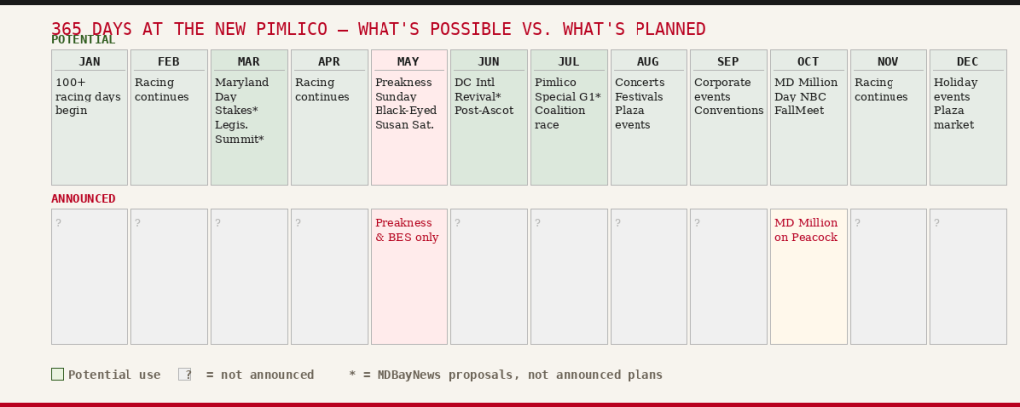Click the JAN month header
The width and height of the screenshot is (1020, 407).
89,61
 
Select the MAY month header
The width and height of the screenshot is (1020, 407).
408,61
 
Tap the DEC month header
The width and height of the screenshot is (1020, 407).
967,61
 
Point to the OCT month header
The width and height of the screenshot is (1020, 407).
808,61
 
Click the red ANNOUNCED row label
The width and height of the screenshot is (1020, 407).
84,199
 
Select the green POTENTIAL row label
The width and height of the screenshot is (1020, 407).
84,40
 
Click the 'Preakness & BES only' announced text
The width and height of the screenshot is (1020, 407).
406,230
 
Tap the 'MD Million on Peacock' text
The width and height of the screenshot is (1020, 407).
806,230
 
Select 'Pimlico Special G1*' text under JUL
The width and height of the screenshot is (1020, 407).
567,90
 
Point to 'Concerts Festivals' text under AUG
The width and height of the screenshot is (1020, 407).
639,90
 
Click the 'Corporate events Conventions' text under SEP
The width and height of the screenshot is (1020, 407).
728,97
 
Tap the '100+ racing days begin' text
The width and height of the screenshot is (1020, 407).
88,97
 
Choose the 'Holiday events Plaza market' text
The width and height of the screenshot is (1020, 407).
955,103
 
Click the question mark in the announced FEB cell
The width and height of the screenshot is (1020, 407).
137,223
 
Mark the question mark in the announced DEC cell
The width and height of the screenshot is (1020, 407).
936,223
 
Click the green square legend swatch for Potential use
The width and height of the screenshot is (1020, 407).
57,374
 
